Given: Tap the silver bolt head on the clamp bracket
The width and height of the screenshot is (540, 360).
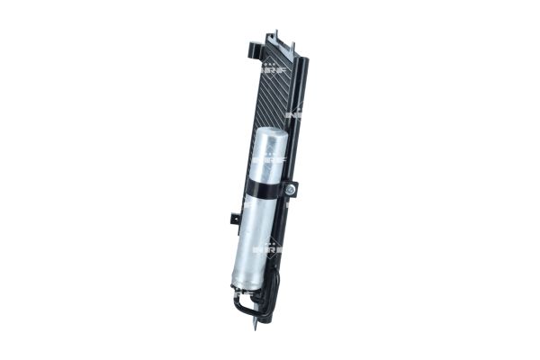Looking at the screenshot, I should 290,190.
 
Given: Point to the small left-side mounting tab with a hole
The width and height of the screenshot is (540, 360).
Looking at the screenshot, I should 234,216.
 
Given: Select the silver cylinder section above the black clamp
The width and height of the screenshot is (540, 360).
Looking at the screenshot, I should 268,162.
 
